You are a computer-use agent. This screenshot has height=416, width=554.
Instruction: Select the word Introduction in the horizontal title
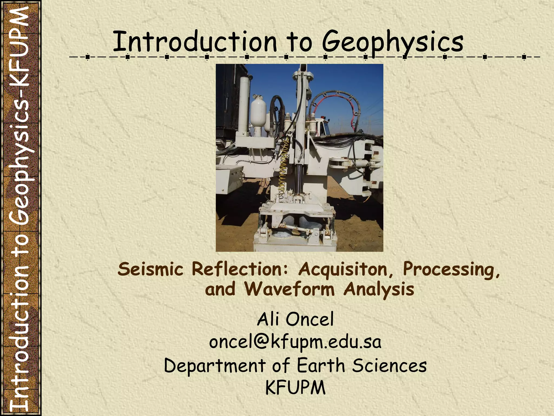195,42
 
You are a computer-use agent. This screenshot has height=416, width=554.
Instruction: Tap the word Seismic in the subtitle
150,269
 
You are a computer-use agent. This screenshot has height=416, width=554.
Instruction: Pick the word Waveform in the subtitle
290,289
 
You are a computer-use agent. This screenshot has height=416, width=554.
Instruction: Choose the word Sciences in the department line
389,366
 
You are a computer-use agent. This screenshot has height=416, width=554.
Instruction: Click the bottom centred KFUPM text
295,388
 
